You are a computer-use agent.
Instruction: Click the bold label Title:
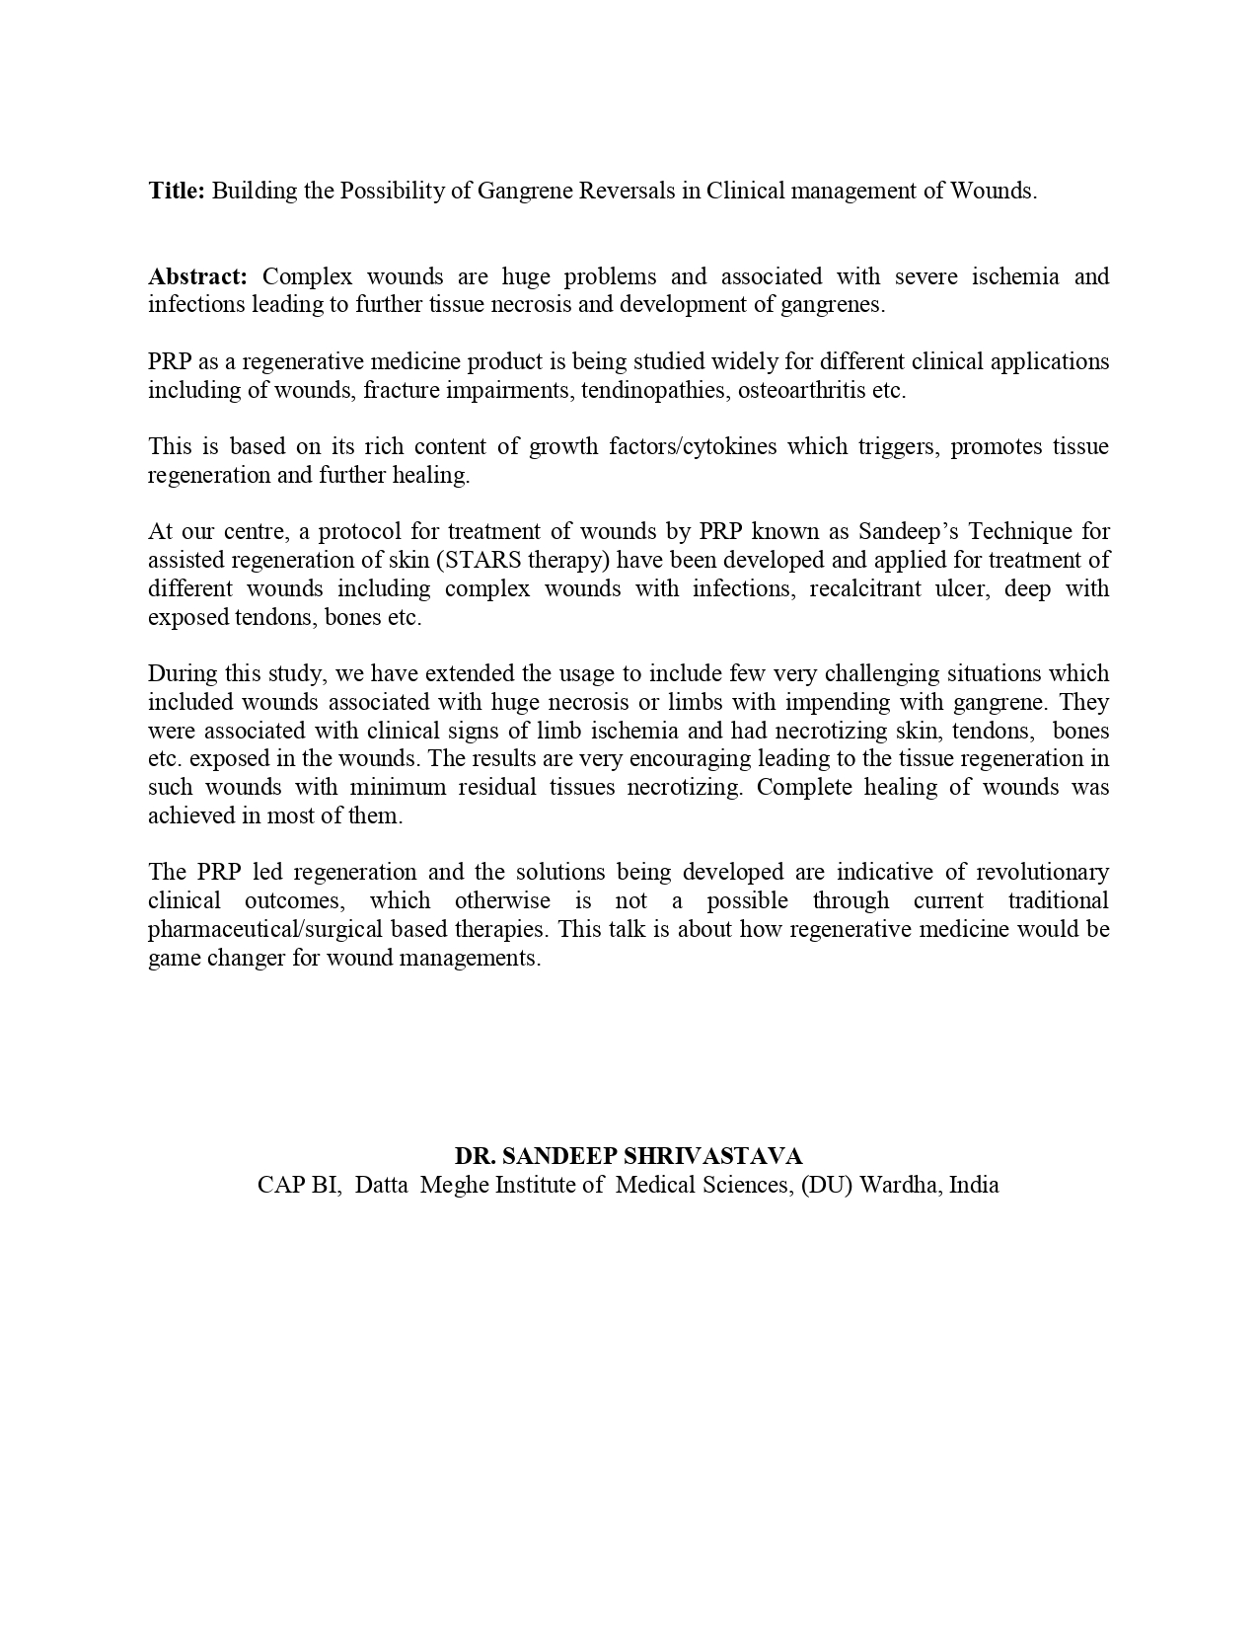tap(177, 191)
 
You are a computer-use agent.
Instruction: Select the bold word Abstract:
tap(197, 276)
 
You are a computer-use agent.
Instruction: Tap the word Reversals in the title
tap(627, 191)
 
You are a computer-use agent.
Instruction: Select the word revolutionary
tap(1042, 873)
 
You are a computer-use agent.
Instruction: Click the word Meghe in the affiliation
tap(454, 1185)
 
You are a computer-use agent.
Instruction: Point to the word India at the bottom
tap(974, 1185)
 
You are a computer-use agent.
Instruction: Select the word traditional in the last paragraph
tap(1058, 901)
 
